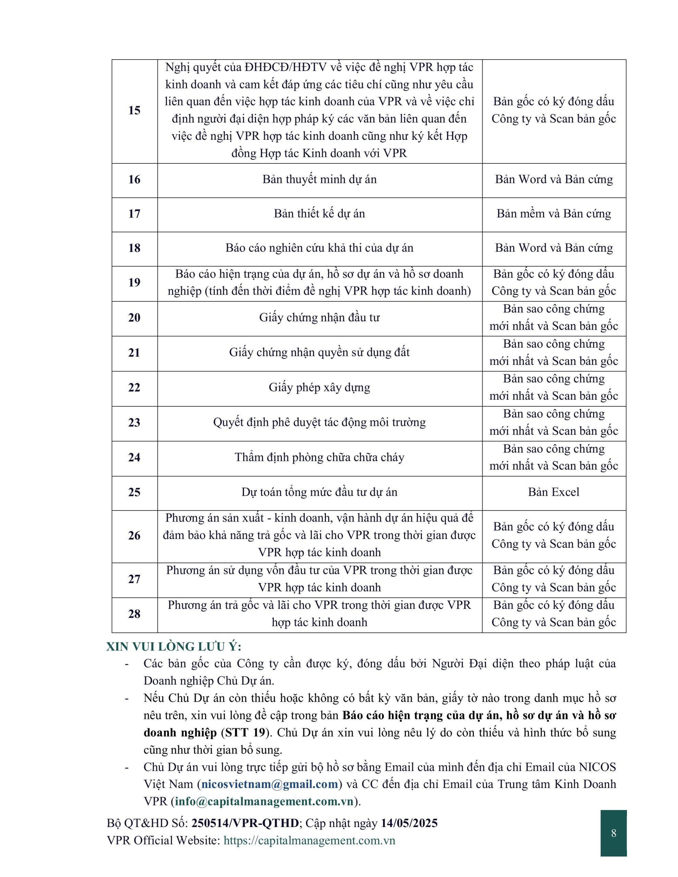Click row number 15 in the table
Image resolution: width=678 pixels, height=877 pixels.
point(134,110)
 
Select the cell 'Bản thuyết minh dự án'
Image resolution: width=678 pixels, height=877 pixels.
point(319,180)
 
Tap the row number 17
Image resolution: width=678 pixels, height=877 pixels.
point(134,214)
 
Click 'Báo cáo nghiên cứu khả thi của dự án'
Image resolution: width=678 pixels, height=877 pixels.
point(319,248)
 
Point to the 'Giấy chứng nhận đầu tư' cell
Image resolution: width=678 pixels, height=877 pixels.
point(319,318)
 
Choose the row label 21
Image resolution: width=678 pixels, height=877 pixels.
point(134,353)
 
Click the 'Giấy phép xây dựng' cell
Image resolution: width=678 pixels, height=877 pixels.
point(319,387)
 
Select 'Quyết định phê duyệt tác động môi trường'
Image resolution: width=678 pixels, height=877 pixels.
point(319,422)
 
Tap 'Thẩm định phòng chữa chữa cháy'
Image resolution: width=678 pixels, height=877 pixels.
point(319,457)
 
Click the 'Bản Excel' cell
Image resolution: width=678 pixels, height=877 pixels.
point(554,492)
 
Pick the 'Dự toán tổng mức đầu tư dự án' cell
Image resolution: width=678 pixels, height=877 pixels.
point(319,492)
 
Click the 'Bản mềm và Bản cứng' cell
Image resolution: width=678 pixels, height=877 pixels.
point(554,214)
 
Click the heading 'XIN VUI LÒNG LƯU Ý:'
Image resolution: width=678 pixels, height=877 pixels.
point(174,647)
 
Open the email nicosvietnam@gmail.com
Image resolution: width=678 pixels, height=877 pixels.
point(269,784)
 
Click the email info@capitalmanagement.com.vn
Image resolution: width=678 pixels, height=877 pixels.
point(264,802)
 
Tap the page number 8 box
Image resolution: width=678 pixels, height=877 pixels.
point(613,833)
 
